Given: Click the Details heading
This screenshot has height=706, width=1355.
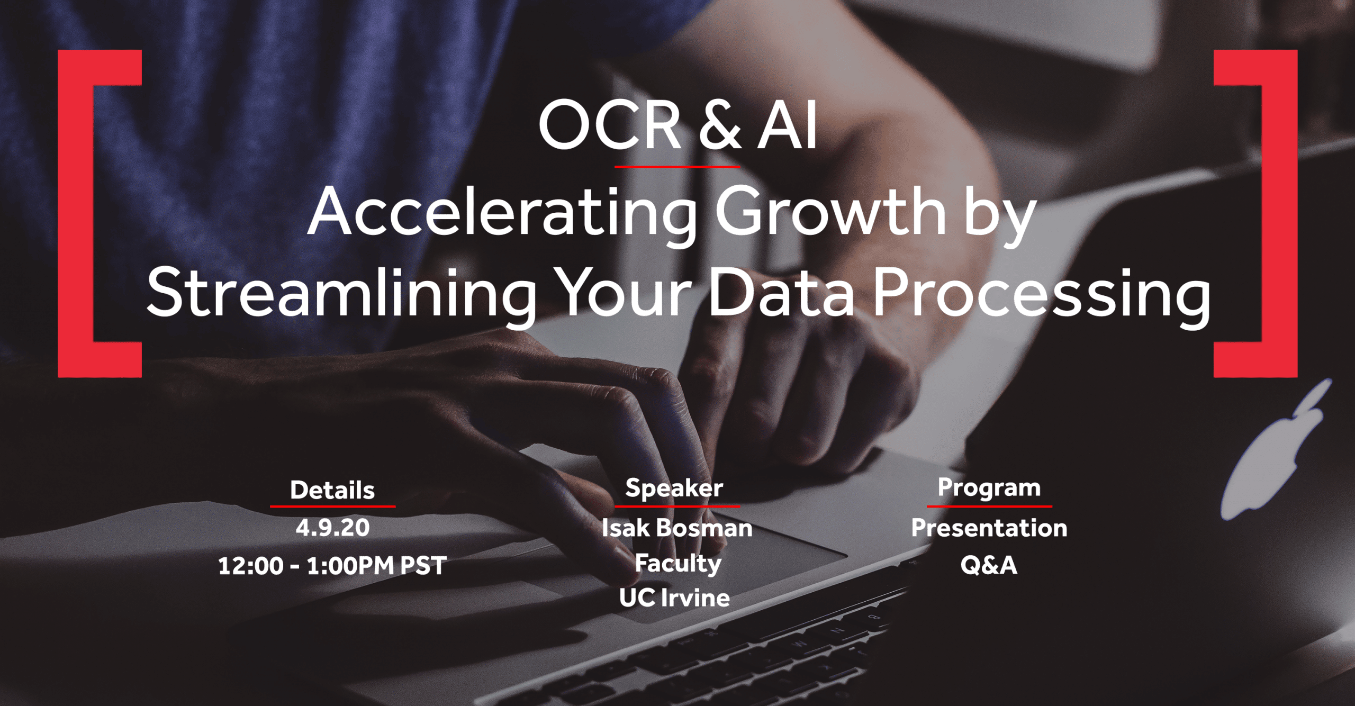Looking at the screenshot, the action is pos(332,490).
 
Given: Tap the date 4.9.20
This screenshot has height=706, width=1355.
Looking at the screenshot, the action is pos(332,528).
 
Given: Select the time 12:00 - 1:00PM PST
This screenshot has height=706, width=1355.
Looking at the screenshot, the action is pos(332,565).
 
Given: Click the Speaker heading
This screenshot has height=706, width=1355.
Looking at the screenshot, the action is pos(674,488).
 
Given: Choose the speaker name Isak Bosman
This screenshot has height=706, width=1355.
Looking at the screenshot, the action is pos(677,528).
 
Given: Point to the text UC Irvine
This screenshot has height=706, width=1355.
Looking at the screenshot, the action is pos(675,598).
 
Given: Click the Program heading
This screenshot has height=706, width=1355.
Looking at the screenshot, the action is pos(989,488).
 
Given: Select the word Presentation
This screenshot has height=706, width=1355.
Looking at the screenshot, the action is pos(989,528).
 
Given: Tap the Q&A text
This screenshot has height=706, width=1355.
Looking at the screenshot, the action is pos(989,565).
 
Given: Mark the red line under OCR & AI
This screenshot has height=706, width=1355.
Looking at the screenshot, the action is pos(677,167).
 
